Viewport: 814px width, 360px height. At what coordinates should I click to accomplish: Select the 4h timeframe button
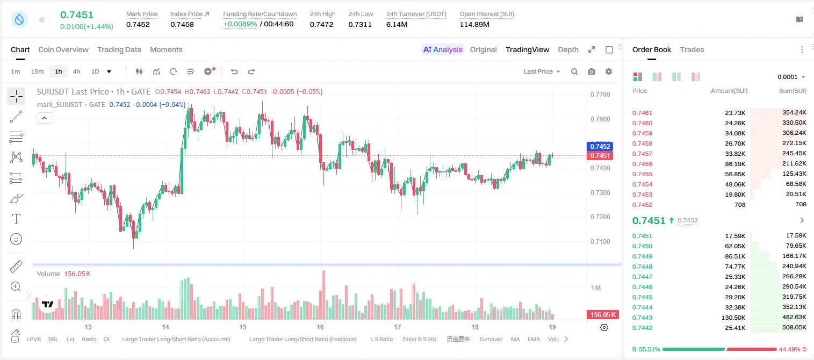76,71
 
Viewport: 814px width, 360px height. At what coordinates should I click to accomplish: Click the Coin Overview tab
63,50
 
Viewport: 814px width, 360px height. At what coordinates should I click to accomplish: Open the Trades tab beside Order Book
692,50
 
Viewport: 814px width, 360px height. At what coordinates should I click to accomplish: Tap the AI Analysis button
443,50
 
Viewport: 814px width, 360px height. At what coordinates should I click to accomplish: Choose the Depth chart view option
568,50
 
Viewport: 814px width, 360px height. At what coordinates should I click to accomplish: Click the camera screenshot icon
592,71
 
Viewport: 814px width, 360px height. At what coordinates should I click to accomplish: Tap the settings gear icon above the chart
609,71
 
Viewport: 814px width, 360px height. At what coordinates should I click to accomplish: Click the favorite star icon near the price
42,19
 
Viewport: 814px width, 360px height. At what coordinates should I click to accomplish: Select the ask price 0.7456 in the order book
642,164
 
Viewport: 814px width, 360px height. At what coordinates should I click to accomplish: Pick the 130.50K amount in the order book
733,318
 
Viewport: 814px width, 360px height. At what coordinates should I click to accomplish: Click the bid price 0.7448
642,267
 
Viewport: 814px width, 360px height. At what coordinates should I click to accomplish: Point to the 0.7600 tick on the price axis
600,119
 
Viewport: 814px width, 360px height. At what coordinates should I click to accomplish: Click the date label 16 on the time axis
320,327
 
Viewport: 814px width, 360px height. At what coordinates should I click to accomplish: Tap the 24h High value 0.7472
321,24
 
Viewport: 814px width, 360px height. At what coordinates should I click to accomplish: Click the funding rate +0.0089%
240,24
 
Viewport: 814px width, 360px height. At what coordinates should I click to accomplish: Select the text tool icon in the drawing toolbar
16,219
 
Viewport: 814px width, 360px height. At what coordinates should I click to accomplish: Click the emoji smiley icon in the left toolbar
16,239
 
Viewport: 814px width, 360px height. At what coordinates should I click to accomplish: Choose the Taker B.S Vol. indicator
419,339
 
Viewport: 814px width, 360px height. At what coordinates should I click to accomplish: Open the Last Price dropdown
542,71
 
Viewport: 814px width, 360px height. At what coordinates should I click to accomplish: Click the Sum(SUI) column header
793,91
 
